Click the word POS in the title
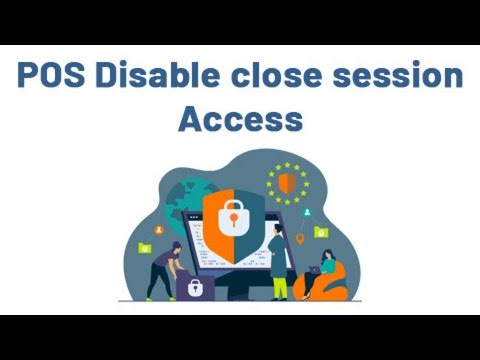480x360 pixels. pos(53,78)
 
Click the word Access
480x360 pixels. pos(240,120)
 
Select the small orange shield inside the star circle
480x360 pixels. pos(286,182)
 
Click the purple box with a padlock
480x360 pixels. pos(191,288)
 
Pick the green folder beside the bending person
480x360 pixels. pos(146,247)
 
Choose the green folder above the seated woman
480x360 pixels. pos(320,232)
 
